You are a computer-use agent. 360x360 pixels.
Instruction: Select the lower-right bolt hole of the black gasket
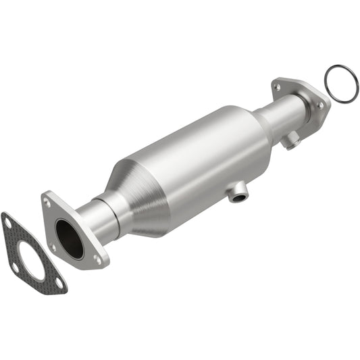(x=59, y=283)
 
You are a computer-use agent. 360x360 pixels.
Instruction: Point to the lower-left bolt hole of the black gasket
(x=15, y=267)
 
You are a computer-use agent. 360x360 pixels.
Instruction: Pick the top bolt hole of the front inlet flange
(x=47, y=200)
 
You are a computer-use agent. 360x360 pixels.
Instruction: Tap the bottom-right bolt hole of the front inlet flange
(x=98, y=259)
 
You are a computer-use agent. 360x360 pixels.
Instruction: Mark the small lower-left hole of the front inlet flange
(x=53, y=247)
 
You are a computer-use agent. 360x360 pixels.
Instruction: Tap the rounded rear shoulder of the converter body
(x=260, y=132)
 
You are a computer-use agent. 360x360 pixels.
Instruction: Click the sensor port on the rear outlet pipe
(x=291, y=140)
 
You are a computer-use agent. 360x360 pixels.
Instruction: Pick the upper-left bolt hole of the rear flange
(x=277, y=86)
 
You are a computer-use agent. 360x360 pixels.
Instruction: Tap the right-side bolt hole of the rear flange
(x=319, y=106)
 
